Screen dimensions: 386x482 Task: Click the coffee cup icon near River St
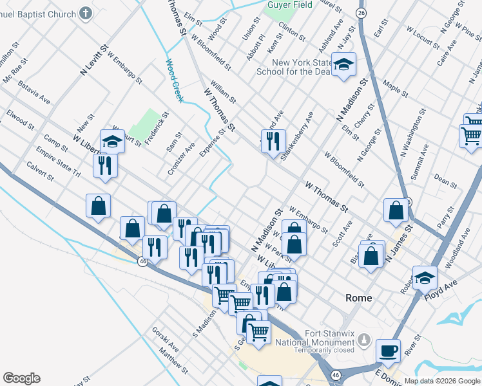388,351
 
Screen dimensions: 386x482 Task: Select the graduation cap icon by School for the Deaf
343,65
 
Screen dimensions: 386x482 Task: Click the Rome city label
359,298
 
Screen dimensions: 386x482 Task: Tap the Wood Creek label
175,80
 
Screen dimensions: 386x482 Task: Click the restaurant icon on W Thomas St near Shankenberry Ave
273,140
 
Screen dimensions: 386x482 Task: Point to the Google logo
21,378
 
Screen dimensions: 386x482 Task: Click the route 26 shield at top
361,13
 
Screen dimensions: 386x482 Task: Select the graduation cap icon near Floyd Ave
425,277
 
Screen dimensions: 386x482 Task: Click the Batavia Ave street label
34,92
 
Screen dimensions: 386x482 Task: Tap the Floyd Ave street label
441,287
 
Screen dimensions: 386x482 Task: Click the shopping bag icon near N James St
396,210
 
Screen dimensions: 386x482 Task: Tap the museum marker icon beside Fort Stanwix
365,338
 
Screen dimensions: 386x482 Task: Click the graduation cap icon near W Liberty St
112,142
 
